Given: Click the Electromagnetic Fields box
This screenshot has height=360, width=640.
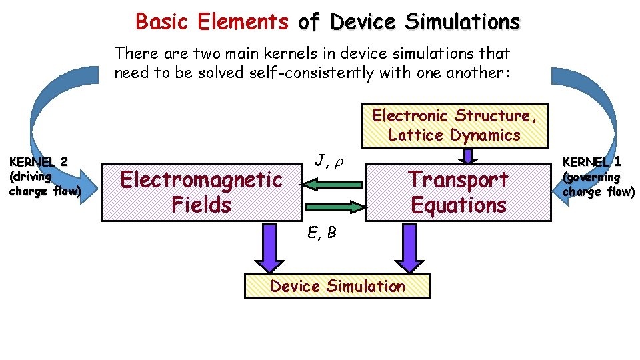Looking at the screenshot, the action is [x=200, y=192].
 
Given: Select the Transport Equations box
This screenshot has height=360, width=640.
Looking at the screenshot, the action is [x=459, y=192].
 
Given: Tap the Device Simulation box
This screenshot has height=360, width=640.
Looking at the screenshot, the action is [x=337, y=286].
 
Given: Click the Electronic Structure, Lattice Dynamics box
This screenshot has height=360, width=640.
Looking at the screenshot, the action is [x=454, y=125].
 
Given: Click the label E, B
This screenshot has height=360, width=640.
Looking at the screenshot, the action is [x=321, y=233].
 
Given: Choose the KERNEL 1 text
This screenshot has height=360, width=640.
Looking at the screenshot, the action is [x=592, y=161].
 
